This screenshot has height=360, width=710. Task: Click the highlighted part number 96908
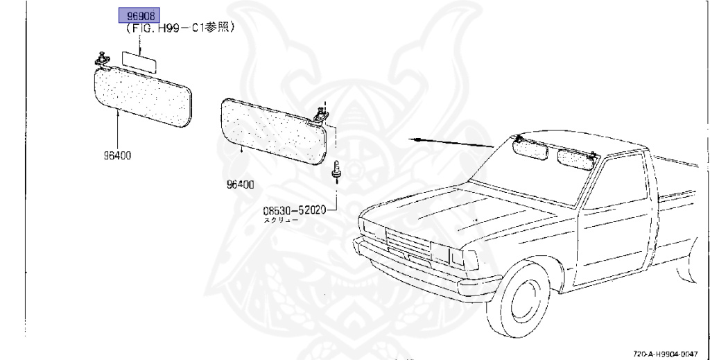139,15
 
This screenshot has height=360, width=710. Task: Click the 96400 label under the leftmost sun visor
114,155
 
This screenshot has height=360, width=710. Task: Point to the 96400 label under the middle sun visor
239,185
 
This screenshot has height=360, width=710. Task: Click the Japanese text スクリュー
280,220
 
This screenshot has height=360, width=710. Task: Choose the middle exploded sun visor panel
272,130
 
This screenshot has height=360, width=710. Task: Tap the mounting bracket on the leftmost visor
102,60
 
